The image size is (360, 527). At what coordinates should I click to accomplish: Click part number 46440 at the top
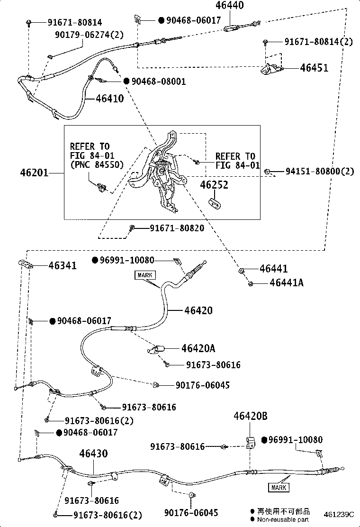click(x=229, y=5)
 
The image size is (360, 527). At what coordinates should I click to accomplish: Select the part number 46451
click(x=314, y=68)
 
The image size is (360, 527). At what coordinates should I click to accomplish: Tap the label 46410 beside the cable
click(x=110, y=99)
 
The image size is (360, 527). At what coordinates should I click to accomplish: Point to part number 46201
click(x=34, y=173)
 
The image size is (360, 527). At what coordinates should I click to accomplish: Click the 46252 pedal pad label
click(x=214, y=185)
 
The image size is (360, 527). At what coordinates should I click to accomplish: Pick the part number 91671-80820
click(x=177, y=228)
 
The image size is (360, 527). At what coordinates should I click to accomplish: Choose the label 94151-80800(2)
click(x=320, y=172)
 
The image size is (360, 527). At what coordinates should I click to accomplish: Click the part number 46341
click(x=63, y=265)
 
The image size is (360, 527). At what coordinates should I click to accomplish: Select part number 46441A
click(x=287, y=282)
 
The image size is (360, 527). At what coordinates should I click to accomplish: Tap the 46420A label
click(x=198, y=348)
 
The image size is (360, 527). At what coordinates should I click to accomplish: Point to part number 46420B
click(x=251, y=416)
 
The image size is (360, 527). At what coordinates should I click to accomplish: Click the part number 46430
click(x=93, y=454)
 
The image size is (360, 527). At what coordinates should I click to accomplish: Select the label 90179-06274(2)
click(x=90, y=35)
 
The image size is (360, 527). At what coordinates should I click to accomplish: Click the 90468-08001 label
click(x=159, y=82)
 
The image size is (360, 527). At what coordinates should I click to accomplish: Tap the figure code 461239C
click(x=339, y=515)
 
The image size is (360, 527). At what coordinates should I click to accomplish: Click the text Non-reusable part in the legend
click(x=283, y=519)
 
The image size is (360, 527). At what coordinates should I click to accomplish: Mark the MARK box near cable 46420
click(x=145, y=275)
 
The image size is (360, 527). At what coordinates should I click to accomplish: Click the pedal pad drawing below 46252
click(x=214, y=203)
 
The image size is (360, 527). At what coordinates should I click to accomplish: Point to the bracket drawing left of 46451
click(x=270, y=69)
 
